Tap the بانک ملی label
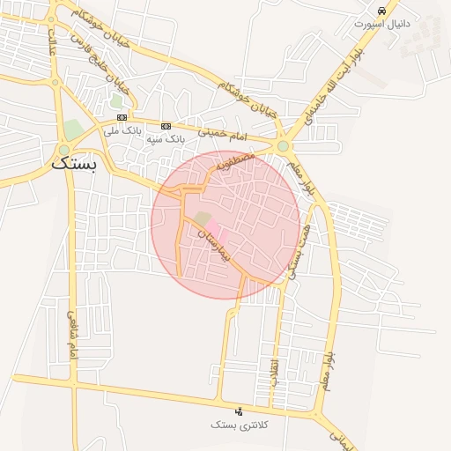(x=122, y=130)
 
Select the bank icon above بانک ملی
(x=122, y=117)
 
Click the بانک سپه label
(x=166, y=139)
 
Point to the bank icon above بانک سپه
(x=165, y=126)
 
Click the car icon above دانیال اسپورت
(x=381, y=11)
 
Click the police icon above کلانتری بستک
(x=238, y=411)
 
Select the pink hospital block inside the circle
(x=218, y=237)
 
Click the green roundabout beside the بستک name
(x=63, y=147)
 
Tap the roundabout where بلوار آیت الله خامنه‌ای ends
(x=283, y=146)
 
